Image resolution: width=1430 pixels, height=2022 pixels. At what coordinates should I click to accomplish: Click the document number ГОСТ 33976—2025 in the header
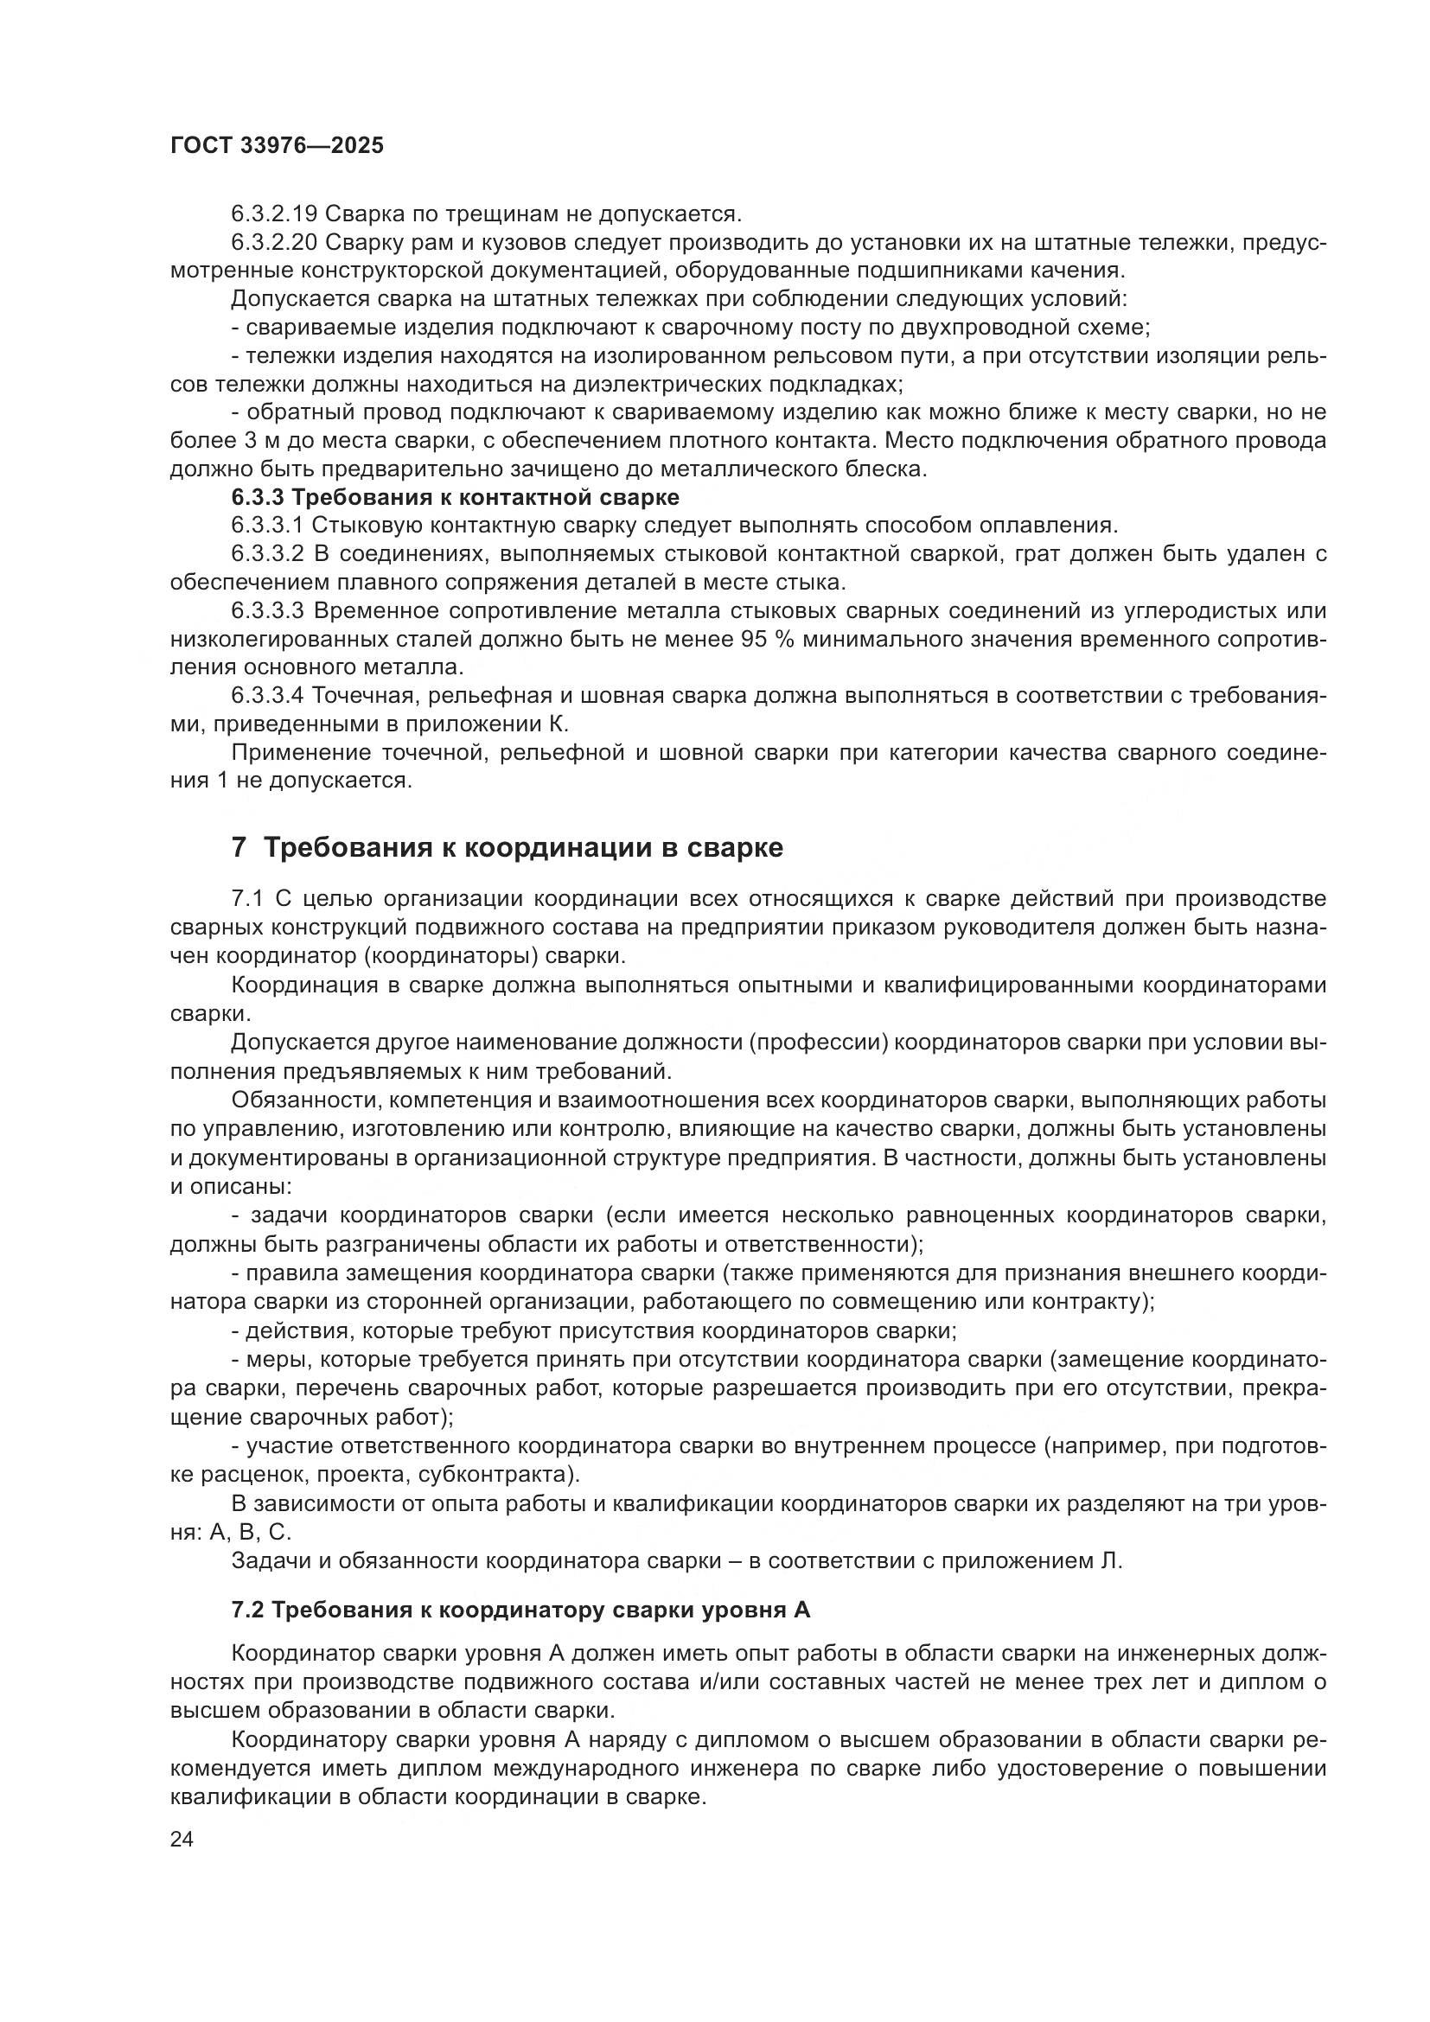277,145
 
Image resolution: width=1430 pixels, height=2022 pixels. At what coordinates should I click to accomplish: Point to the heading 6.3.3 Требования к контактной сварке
455,498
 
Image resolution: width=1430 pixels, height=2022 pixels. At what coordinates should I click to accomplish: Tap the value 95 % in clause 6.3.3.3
769,640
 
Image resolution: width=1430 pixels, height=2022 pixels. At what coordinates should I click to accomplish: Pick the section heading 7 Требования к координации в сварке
507,847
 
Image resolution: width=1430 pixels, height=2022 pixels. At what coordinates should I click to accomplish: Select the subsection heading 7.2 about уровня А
520,1611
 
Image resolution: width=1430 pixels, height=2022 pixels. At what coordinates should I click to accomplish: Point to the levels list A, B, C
250,1533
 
